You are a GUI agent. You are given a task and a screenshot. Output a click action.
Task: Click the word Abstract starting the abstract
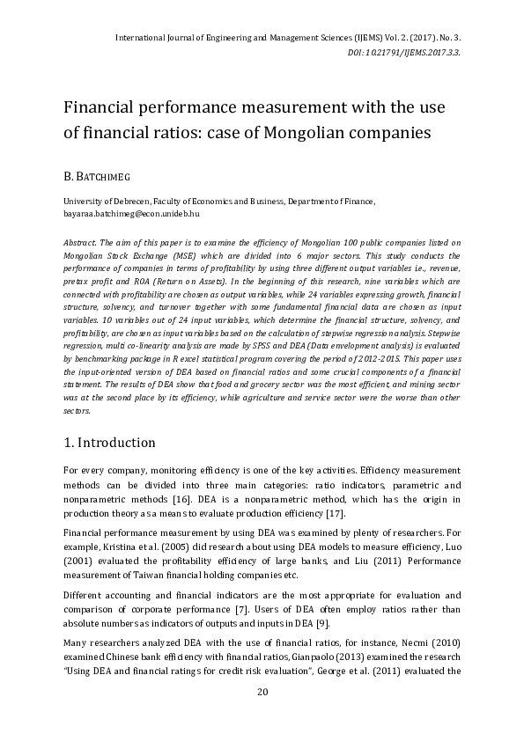[81, 242]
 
